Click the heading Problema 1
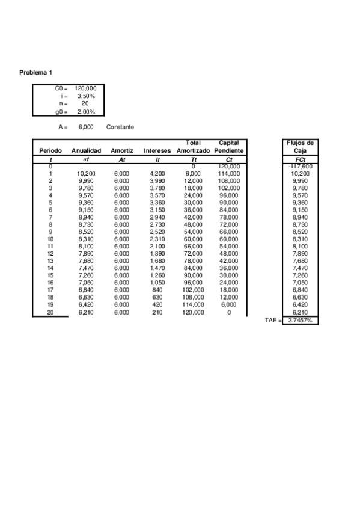click(x=35, y=73)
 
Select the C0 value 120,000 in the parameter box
click(x=85, y=89)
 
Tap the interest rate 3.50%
click(x=85, y=96)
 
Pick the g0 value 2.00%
click(x=85, y=112)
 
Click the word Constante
click(x=120, y=127)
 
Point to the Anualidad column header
click(x=86, y=150)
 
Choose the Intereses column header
click(x=157, y=150)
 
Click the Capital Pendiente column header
click(x=228, y=147)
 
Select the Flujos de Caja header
click(x=299, y=147)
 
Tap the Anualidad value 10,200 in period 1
click(x=86, y=174)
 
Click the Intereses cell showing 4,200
click(x=157, y=174)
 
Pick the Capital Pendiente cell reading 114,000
click(x=228, y=174)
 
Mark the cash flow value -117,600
click(x=300, y=167)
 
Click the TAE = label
click(x=273, y=321)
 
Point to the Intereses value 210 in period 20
click(x=157, y=313)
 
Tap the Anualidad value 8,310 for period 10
click(x=86, y=239)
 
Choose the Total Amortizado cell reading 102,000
click(x=193, y=290)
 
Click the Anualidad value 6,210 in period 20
click(x=86, y=313)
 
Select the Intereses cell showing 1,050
click(x=157, y=283)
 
